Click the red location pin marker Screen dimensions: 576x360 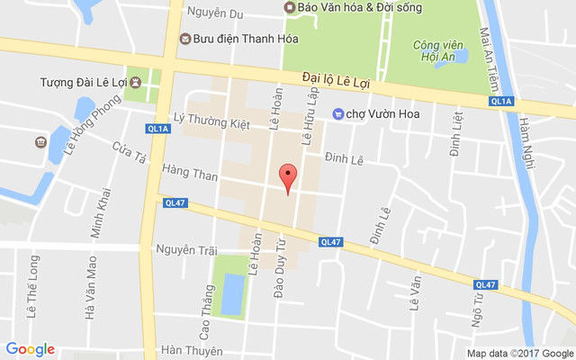tap(288, 175)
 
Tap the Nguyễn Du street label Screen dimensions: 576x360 tap(216, 13)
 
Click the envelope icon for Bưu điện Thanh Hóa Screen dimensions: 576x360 tap(185, 38)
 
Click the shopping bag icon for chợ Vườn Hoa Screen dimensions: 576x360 tap(338, 113)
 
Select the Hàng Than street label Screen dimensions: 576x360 tap(190, 174)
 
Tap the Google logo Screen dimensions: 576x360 tap(30, 349)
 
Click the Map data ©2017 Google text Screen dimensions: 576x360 tap(519, 353)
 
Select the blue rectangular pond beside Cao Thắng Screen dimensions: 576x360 tap(231, 293)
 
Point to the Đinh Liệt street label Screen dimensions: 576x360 tap(455, 130)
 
